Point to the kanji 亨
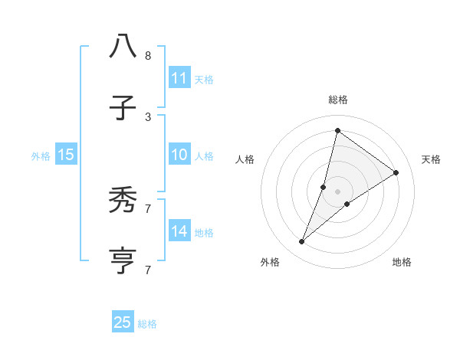coord(123,261)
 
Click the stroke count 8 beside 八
coord(147,56)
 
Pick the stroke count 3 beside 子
coord(147,116)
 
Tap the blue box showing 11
coord(179,78)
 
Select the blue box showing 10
coord(179,155)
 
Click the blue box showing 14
coord(179,231)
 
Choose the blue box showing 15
coord(66,155)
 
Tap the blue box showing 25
coord(123,322)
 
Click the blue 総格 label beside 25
coord(147,324)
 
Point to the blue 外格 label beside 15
coord(41,156)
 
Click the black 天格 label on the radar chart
coord(431,159)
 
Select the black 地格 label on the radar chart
coord(402,262)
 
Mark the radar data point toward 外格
coord(302,242)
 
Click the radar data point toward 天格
coord(396,173)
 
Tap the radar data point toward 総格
coord(337,130)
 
